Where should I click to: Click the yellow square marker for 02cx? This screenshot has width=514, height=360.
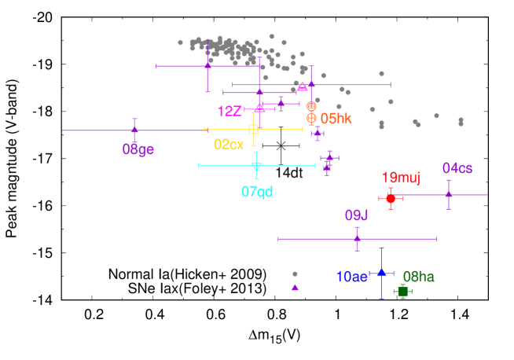coord(253,129)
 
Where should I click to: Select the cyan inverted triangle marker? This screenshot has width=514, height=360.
coord(256,166)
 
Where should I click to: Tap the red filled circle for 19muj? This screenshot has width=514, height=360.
coord(391,199)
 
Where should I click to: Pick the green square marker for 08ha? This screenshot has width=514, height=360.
coord(402,291)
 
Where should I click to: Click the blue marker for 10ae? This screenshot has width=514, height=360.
coord(381,273)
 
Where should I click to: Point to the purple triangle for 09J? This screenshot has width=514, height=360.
coord(357,239)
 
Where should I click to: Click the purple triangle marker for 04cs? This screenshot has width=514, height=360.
coord(449,194)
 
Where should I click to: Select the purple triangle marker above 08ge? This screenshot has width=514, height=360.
coord(134,130)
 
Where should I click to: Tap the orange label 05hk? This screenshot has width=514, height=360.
coord(336,119)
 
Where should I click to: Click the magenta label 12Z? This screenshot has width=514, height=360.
coord(229,112)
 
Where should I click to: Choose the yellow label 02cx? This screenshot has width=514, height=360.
coord(229,145)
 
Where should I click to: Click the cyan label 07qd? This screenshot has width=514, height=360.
coord(257,191)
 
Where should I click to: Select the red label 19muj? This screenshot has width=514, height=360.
coord(401,178)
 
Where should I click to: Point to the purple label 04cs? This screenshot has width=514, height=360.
coord(457,168)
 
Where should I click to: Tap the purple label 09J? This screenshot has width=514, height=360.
coord(356,215)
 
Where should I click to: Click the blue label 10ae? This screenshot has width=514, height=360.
coord(351,277)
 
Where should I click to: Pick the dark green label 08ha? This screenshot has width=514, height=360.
coord(418,277)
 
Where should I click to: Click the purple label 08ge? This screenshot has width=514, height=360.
coord(138,149)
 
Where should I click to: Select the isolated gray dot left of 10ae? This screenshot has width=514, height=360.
coord(295,274)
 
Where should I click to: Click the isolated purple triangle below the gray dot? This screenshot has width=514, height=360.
coord(295,287)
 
